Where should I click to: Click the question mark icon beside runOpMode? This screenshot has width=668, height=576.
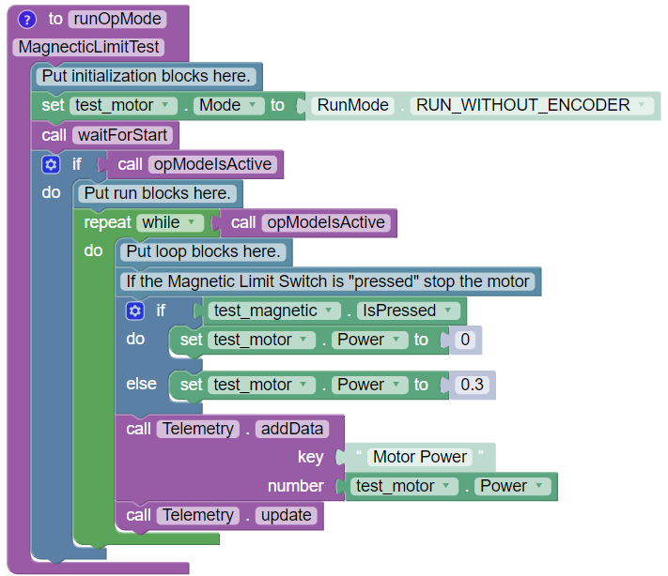27,18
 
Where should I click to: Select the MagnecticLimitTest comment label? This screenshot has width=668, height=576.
90,47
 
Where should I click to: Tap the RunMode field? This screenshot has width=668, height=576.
352,105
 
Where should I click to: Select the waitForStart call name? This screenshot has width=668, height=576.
121,135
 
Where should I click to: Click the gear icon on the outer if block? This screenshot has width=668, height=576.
51,164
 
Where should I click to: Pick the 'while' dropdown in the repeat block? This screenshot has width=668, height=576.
170,222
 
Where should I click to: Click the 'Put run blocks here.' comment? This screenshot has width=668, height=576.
158,193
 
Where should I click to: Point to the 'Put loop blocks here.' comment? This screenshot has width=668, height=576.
204,251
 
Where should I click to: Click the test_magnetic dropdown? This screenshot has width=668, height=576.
269,311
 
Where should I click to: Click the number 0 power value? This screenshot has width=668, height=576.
464,340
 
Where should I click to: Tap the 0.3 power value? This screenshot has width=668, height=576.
469,385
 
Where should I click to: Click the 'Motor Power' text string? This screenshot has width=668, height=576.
420,457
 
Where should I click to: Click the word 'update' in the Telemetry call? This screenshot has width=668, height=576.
286,515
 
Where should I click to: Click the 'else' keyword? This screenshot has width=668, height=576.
142,385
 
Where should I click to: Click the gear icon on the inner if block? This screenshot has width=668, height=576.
134,311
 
